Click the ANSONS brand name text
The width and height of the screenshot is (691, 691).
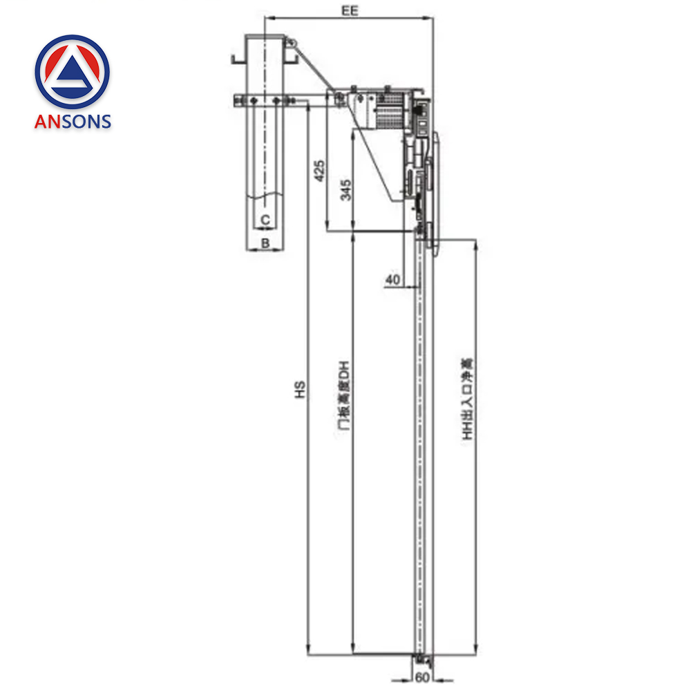[73, 122]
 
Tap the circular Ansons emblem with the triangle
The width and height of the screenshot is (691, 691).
[73, 72]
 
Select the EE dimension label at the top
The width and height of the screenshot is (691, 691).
[349, 10]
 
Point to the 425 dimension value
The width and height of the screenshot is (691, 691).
[319, 170]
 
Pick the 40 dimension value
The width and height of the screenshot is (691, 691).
[392, 279]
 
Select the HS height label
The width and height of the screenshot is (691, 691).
[299, 391]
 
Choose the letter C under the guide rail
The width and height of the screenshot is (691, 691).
[265, 220]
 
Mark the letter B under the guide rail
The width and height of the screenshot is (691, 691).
[265, 243]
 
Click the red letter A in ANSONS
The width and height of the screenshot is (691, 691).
[41, 122]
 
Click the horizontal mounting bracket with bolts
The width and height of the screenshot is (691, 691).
[269, 101]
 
